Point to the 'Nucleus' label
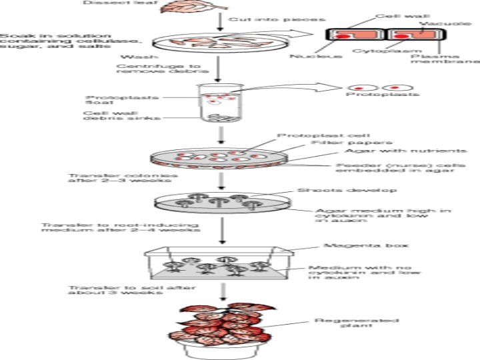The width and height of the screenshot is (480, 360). [307, 56]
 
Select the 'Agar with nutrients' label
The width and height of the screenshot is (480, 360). [381, 152]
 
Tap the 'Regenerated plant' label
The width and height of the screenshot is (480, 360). [341, 325]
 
